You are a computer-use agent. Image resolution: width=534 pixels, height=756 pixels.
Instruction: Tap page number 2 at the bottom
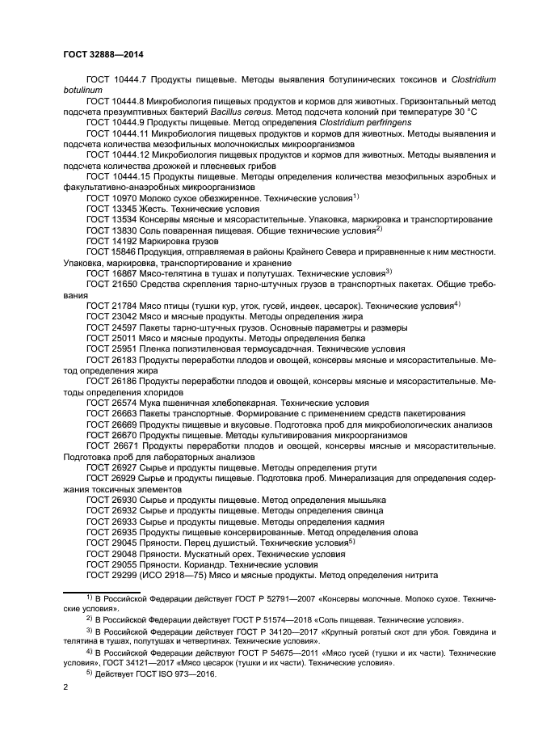tap(65, 686)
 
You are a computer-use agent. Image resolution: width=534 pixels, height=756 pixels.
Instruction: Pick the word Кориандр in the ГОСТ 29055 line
tap(208, 564)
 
